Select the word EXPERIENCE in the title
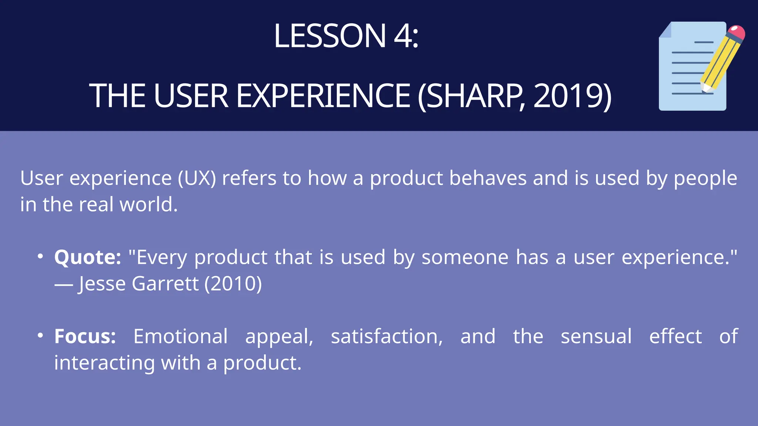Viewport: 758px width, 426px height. pyautogui.click(x=323, y=96)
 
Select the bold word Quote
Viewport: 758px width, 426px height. pyautogui.click(x=87, y=257)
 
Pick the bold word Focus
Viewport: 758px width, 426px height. pyautogui.click(x=85, y=337)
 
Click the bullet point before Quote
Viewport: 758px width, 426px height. pyautogui.click(x=40, y=256)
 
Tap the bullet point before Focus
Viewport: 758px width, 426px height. pyautogui.click(x=40, y=335)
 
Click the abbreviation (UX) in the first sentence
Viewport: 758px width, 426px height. pyautogui.click(x=197, y=178)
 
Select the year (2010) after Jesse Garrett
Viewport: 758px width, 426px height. pyautogui.click(x=233, y=284)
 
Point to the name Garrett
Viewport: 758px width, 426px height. pyautogui.click(x=165, y=284)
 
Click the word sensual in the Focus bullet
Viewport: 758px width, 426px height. pyautogui.click(x=596, y=337)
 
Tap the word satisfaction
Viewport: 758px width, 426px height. pyautogui.click(x=386, y=337)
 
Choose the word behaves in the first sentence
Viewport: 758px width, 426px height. pyautogui.click(x=487, y=178)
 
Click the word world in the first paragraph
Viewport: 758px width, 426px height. pyautogui.click(x=148, y=204)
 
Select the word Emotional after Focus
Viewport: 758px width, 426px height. pyautogui.click(x=180, y=337)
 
